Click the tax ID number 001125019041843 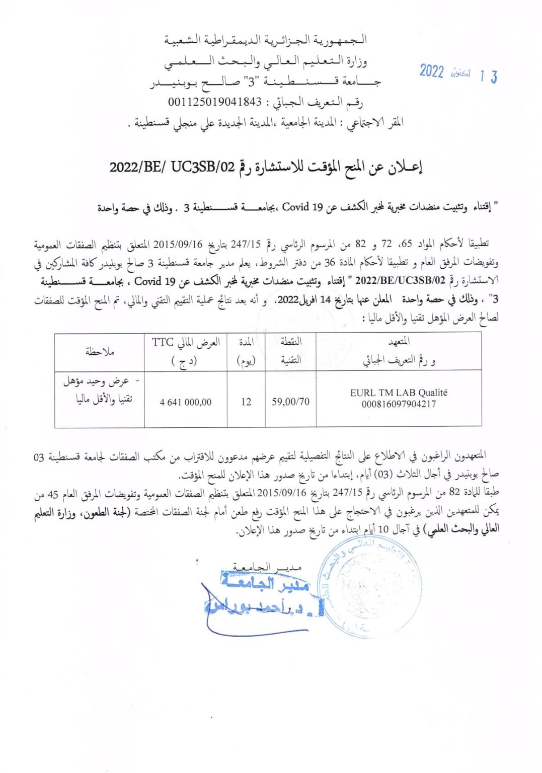coord(215,102)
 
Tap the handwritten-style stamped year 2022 coord(432,71)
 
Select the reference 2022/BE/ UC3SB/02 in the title coord(172,167)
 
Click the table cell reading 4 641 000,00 coord(186,402)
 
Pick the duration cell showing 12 coord(246,402)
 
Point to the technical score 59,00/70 coord(290,402)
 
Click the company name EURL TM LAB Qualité coord(399,393)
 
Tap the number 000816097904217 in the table coord(399,404)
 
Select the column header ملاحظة coord(100,352)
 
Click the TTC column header coord(163,343)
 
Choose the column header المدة coord(246,342)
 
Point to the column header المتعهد coord(399,342)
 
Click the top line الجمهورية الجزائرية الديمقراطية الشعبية coord(266,40)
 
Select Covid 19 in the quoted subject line coord(302,207)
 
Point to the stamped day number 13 coord(488,76)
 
